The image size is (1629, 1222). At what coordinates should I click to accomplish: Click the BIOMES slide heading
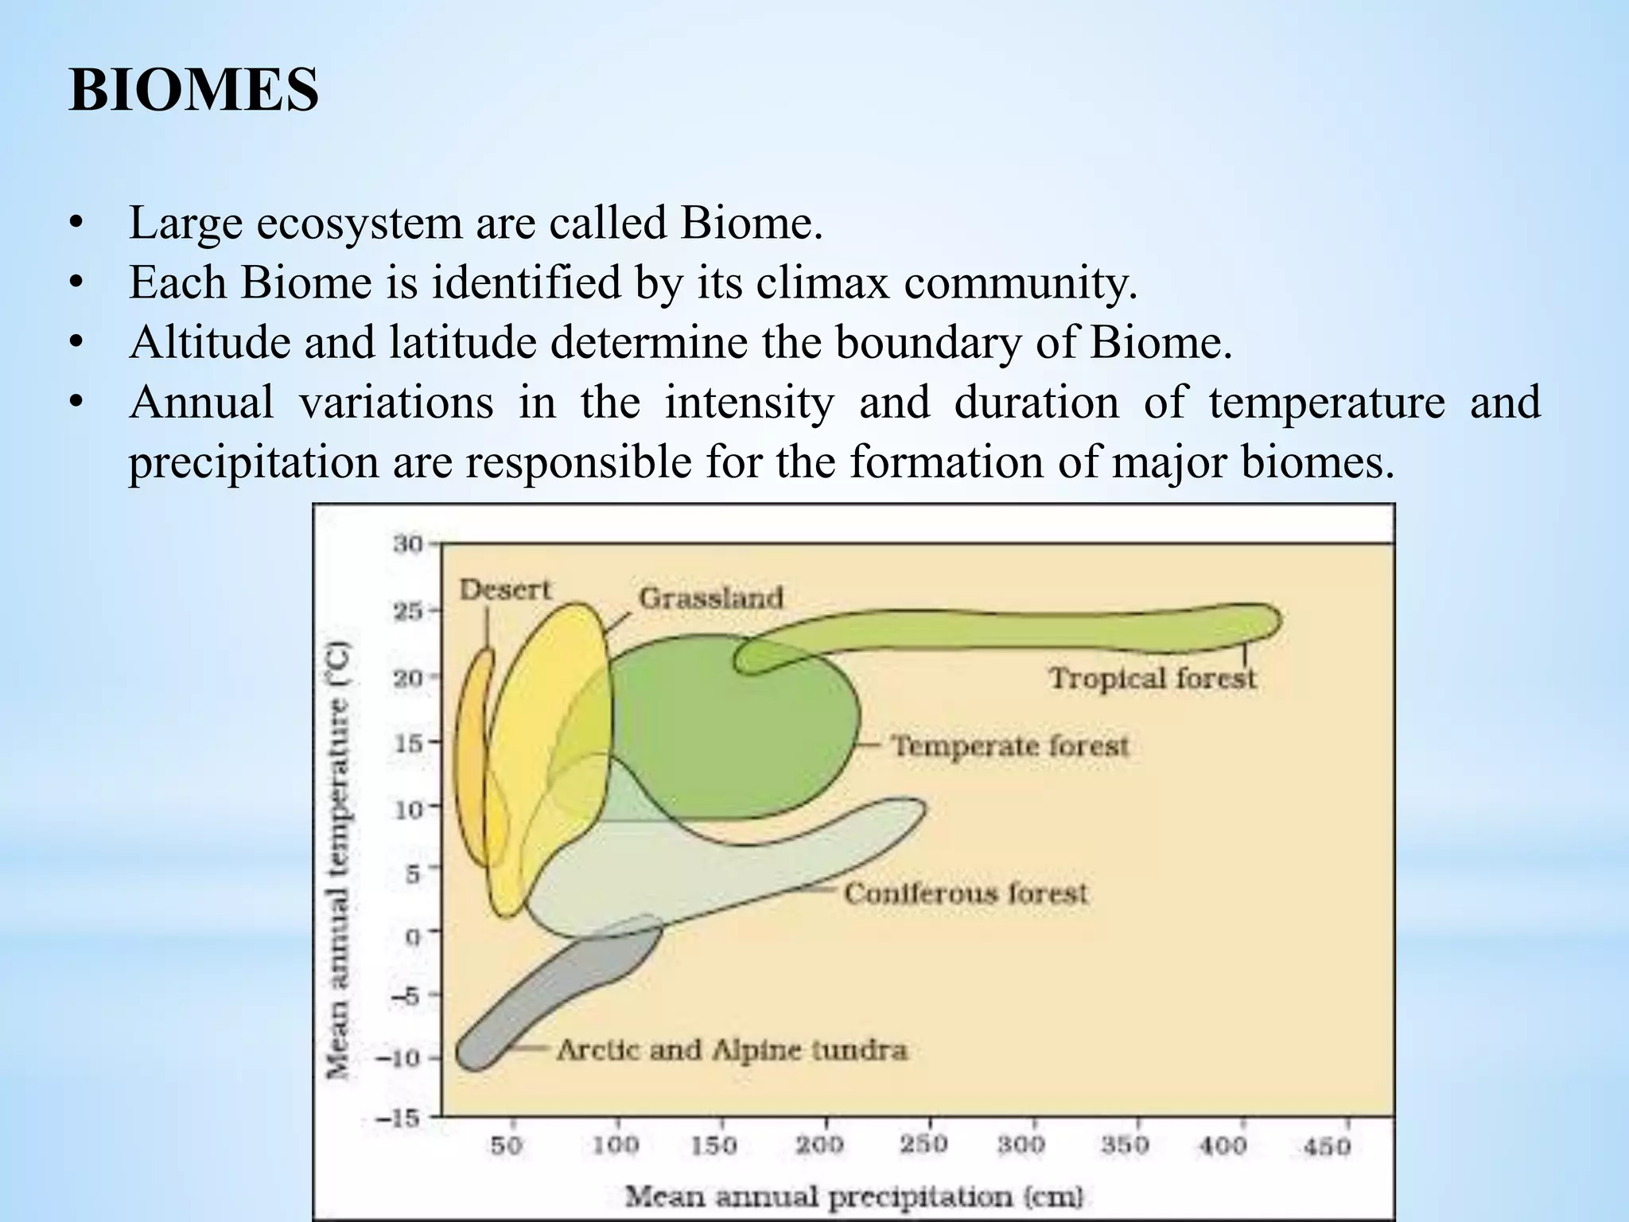[194, 91]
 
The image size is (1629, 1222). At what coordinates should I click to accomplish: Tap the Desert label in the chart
[506, 590]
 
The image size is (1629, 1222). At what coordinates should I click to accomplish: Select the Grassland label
[711, 597]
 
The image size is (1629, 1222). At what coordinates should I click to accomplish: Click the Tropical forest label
[1152, 679]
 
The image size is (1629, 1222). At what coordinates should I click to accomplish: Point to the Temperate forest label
[1009, 746]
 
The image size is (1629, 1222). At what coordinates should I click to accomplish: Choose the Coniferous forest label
[965, 893]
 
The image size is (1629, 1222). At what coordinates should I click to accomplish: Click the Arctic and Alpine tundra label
[731, 1050]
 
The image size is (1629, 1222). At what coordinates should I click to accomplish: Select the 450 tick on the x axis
[1327, 1146]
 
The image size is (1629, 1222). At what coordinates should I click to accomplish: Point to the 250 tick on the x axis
[923, 1145]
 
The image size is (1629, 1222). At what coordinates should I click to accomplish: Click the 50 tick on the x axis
[506, 1146]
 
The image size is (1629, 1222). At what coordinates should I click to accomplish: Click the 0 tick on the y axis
[412, 936]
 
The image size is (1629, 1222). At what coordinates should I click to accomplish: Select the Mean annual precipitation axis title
[854, 1196]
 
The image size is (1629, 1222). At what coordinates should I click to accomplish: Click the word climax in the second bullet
[822, 282]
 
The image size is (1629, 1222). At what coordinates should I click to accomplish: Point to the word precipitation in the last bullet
[253, 463]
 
